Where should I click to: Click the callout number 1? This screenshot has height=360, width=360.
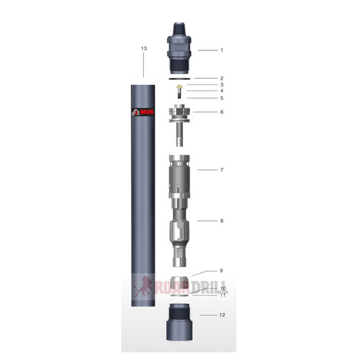pos(222,50)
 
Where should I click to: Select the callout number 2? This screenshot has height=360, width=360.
pos(222,78)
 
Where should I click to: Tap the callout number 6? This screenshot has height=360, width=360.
pos(222,112)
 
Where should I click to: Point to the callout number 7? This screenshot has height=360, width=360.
pos(222,170)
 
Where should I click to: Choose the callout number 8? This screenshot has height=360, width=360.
pos(222,221)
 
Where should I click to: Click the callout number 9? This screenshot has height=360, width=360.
pos(222,270)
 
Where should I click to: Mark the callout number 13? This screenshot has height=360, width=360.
pos(144,48)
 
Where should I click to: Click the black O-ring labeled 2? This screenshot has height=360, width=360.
pos(179,78)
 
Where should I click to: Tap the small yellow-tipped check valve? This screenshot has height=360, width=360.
pos(179,86)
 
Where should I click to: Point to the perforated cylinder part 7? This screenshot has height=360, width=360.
pos(179,176)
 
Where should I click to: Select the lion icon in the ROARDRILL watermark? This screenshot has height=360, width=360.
pos(141,287)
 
